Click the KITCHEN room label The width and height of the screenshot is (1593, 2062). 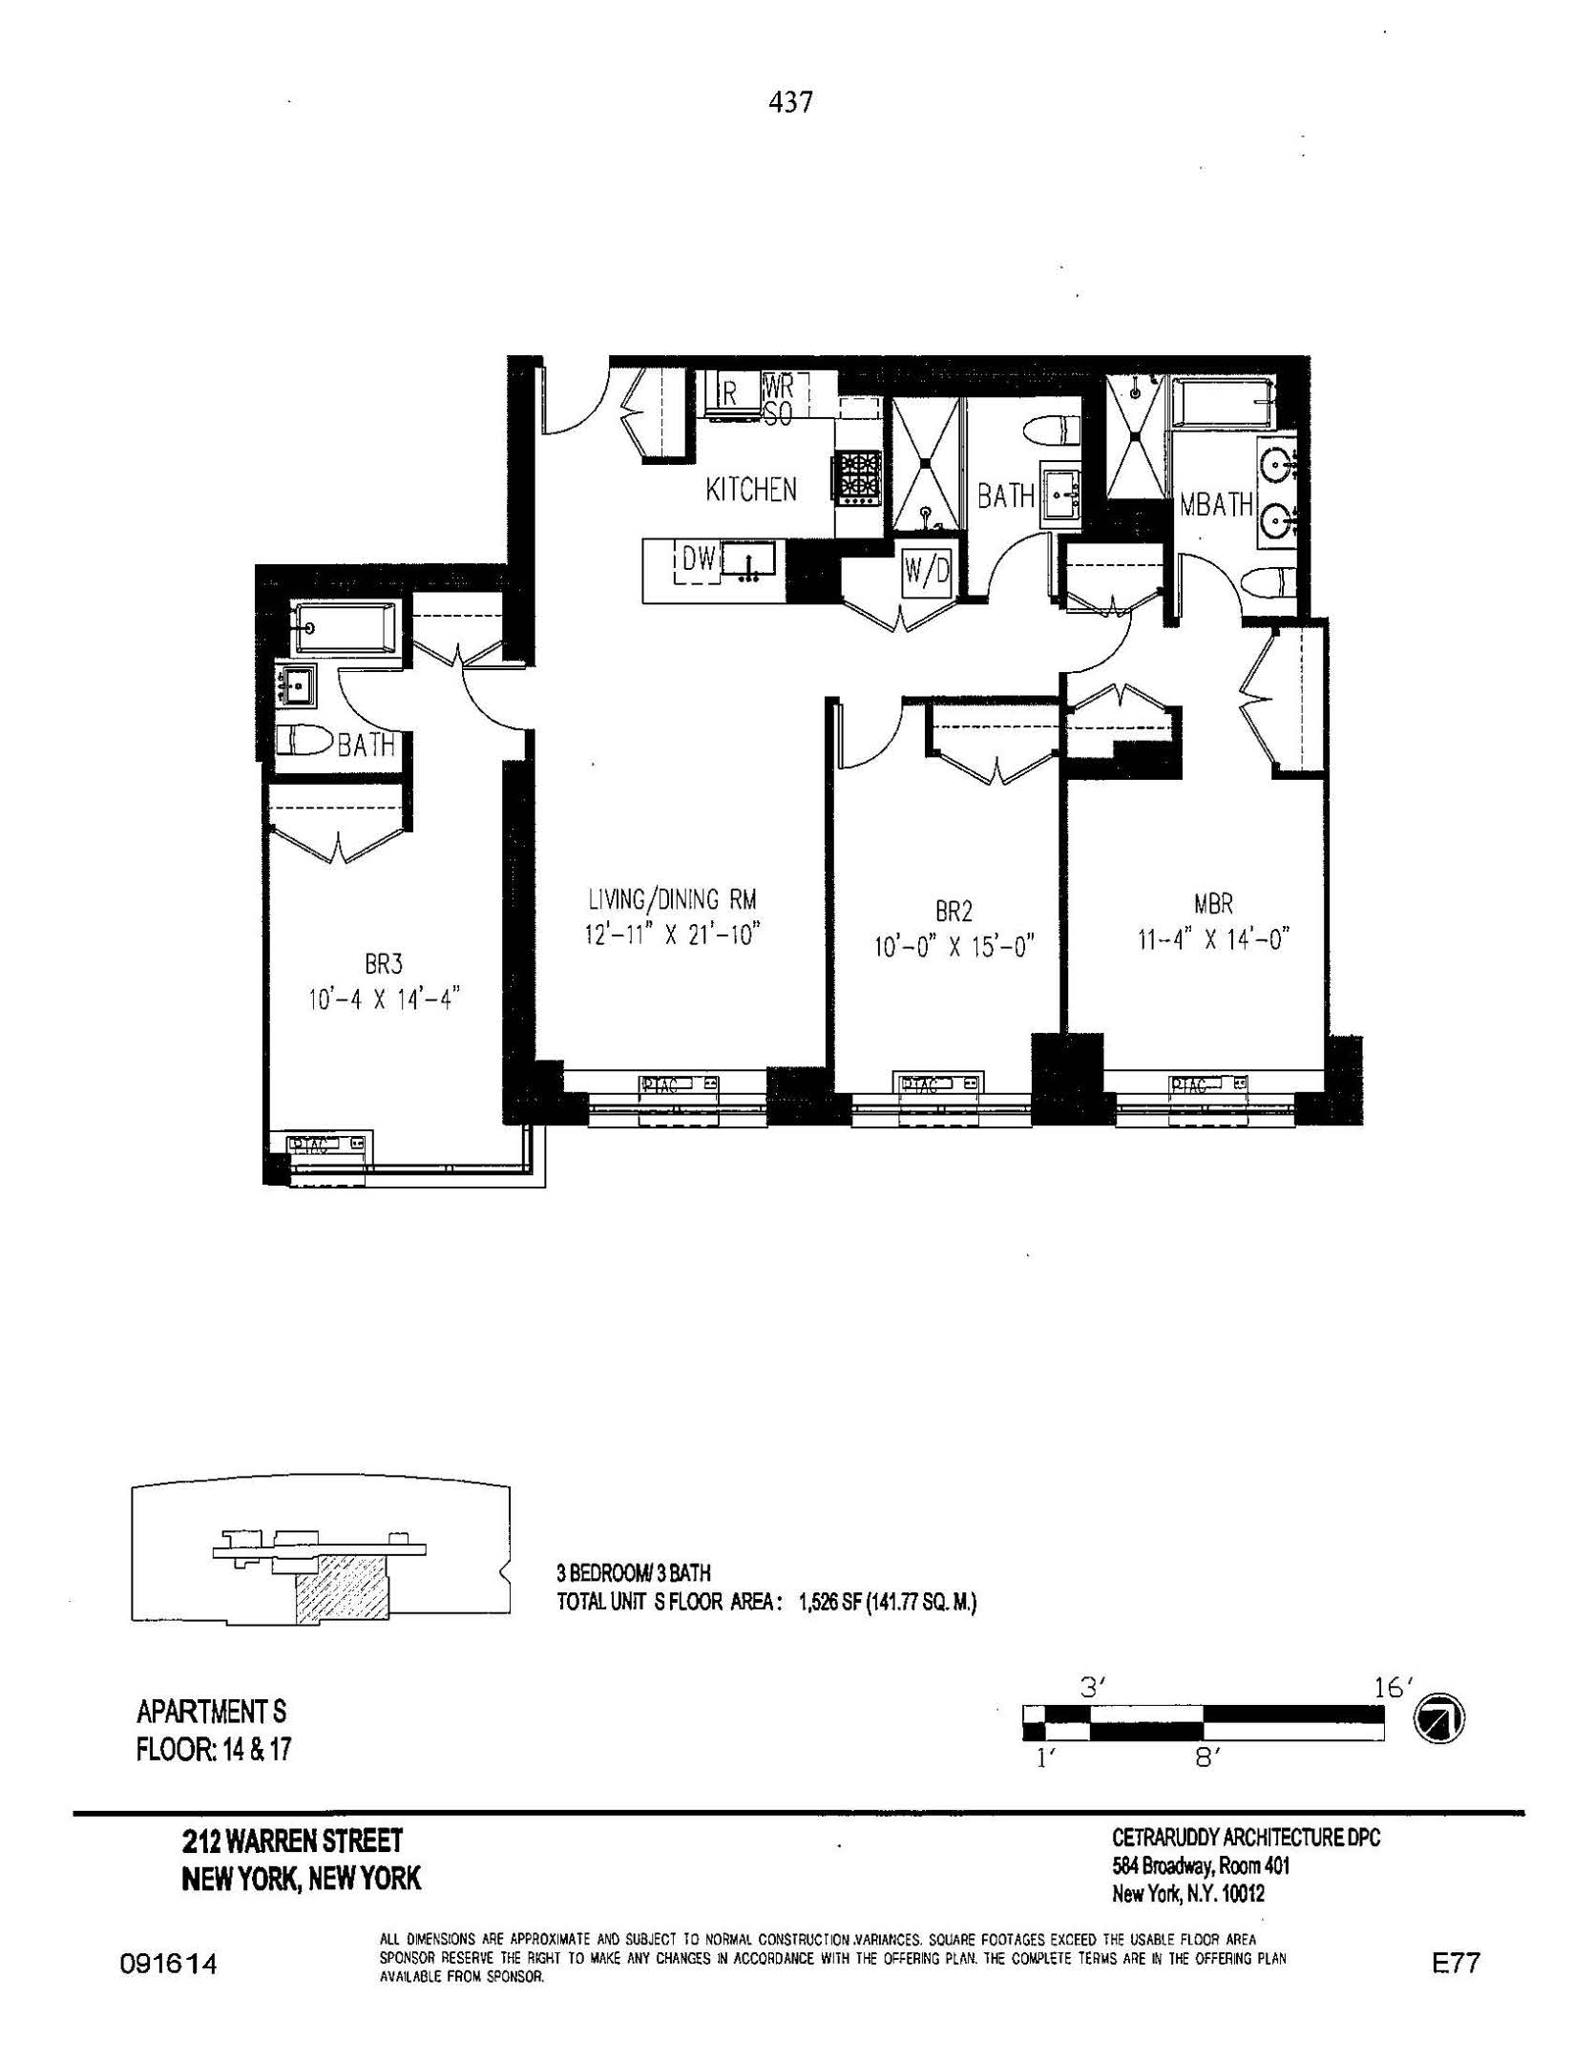[750, 491]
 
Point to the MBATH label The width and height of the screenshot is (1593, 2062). [1216, 505]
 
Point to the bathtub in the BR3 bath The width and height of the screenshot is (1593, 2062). [344, 627]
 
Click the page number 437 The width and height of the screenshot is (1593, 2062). [790, 103]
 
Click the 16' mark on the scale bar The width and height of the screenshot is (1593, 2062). [1393, 1688]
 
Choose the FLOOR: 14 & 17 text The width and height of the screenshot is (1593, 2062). [214, 1750]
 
